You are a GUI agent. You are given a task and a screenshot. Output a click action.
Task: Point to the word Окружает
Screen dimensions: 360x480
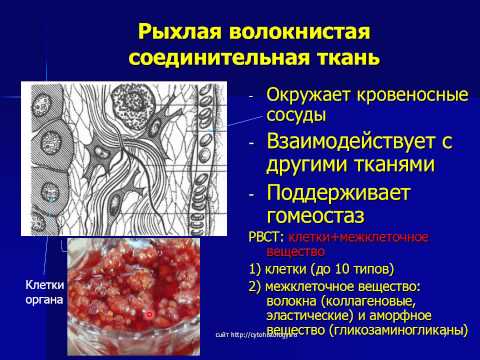(x=307, y=95)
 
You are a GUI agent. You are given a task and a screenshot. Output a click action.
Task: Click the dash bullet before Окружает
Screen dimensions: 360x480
(x=252, y=96)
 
